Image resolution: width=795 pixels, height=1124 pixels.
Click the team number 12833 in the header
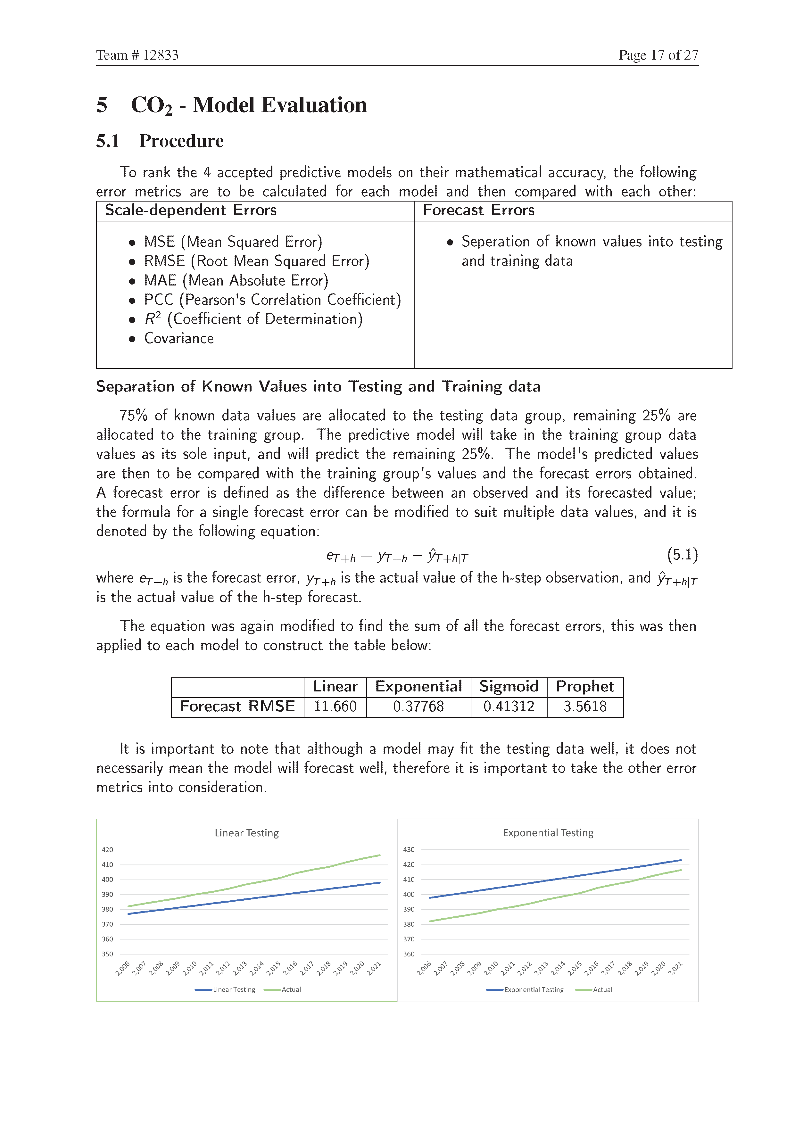point(161,55)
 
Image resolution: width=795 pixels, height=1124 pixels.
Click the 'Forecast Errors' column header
point(478,210)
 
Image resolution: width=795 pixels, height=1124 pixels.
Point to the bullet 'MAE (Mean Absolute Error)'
point(236,280)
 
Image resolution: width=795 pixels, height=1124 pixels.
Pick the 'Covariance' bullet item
point(179,338)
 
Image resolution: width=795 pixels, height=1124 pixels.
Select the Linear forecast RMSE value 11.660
point(335,707)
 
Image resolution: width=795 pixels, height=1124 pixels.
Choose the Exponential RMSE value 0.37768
point(418,707)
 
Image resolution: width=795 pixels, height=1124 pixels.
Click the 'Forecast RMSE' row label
point(237,707)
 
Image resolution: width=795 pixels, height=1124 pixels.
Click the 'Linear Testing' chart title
point(247,833)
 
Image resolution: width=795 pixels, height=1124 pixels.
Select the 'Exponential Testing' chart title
point(548,833)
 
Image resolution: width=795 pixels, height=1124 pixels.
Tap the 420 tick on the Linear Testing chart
point(107,850)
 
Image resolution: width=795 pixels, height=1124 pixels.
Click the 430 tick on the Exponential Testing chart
point(409,850)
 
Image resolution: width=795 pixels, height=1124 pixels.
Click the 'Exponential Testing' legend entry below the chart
point(534,989)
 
